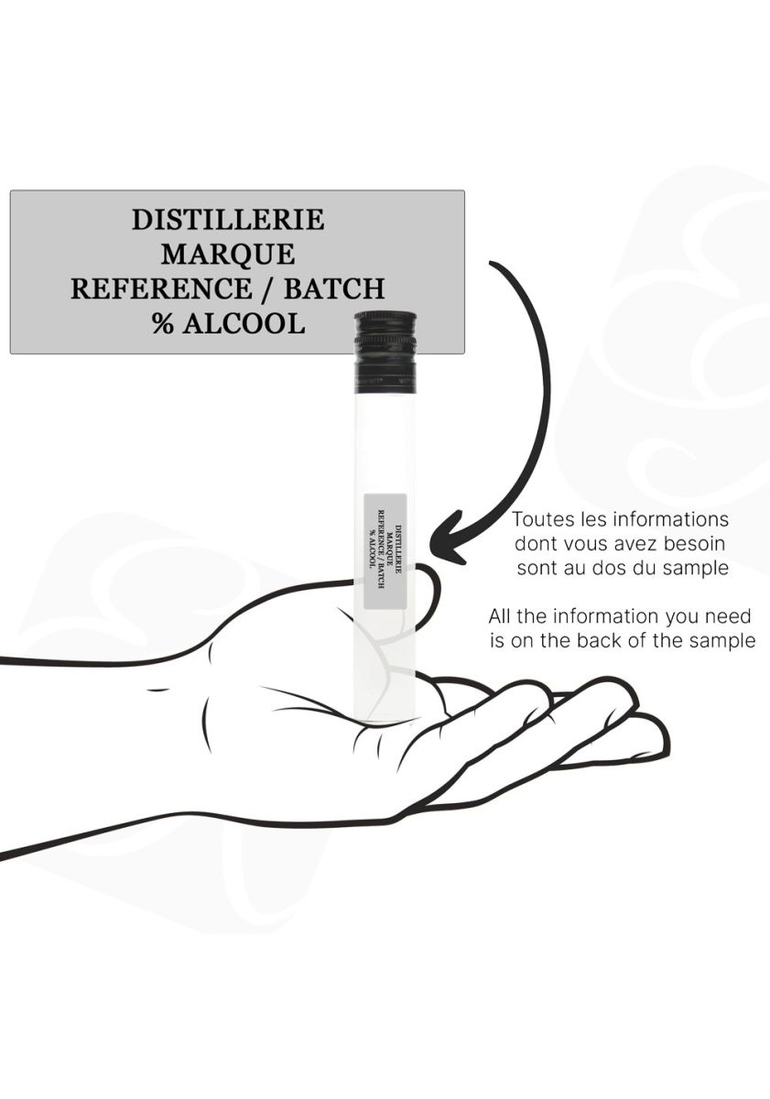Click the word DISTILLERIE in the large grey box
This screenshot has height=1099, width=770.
click(228, 220)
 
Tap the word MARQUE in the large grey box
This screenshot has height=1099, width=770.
click(228, 255)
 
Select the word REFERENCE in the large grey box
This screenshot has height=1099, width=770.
click(160, 288)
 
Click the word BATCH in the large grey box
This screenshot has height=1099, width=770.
click(334, 288)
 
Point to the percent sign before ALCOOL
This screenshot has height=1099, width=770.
click(162, 323)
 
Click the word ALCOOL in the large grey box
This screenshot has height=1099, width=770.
click(244, 323)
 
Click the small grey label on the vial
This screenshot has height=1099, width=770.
click(385, 551)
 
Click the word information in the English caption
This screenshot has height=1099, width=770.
click(607, 616)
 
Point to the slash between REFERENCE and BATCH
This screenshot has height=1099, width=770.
click(267, 288)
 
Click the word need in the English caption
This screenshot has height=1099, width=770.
click(731, 616)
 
